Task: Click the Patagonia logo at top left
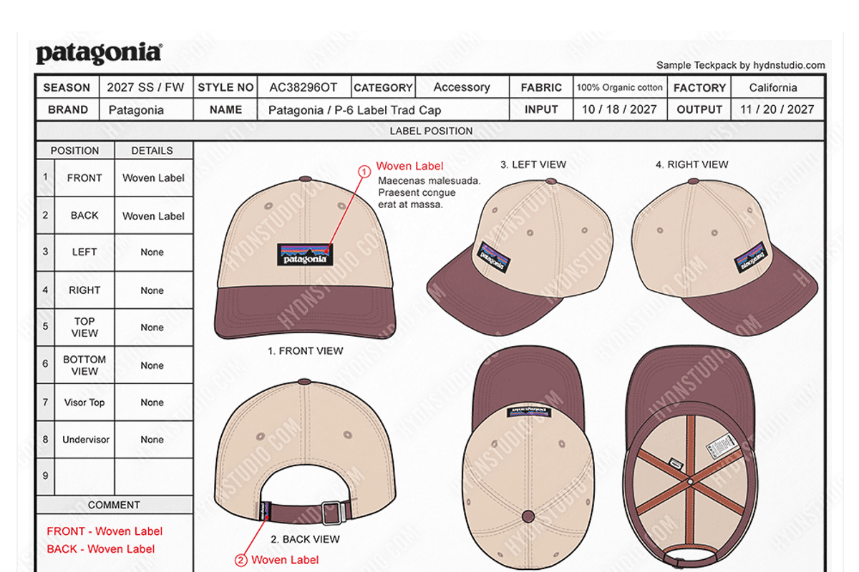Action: coord(99,54)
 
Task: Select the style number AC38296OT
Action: coord(303,87)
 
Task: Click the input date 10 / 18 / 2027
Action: coord(618,109)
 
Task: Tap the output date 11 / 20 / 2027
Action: coord(777,109)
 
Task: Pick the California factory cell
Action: coord(773,87)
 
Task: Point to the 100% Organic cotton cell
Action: coord(620,87)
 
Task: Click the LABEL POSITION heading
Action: coord(431,131)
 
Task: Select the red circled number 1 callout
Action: coord(364,171)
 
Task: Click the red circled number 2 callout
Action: coord(241,560)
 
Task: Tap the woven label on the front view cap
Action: coord(306,255)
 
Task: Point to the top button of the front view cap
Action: coord(305,179)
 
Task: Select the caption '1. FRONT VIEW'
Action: coord(305,351)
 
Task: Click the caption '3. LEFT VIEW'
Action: coord(533,164)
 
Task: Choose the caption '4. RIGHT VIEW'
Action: coord(691,164)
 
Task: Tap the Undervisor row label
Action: coord(86,440)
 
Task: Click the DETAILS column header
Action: coord(152,151)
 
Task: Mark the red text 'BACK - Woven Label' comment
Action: coord(101,549)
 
